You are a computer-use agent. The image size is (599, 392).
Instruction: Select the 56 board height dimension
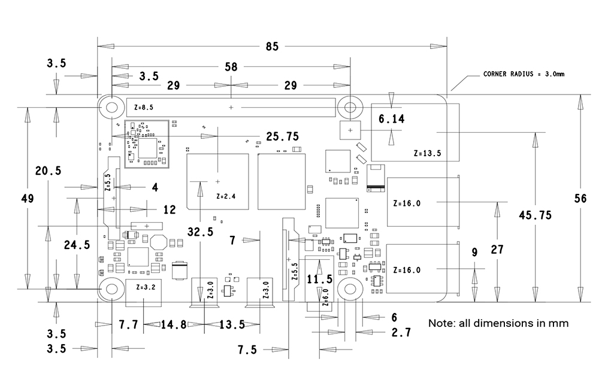pos(579,199)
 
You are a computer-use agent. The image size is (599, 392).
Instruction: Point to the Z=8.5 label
pos(144,108)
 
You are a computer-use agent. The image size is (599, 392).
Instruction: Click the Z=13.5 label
pos(427,153)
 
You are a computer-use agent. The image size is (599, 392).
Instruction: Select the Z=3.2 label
pos(146,287)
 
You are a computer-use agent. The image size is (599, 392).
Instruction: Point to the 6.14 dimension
pos(392,119)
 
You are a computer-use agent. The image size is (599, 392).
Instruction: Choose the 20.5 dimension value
pos(48,171)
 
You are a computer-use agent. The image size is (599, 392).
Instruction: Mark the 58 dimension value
pos(232,66)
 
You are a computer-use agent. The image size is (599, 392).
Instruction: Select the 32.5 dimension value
pos(200,232)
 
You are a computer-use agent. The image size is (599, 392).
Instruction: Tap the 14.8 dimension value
pos(174,325)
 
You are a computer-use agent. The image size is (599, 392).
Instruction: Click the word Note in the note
pos(441,323)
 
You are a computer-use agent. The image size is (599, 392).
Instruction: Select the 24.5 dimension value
pos(77,244)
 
